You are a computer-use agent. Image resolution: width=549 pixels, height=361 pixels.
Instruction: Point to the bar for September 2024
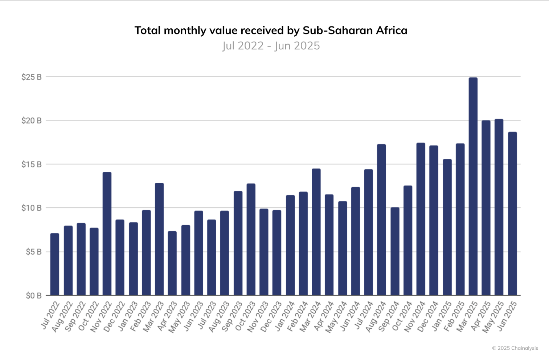(x=395, y=251)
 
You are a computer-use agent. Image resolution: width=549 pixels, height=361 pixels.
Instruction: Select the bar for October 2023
(x=251, y=239)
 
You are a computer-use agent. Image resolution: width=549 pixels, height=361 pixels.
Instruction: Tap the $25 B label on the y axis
(x=32, y=77)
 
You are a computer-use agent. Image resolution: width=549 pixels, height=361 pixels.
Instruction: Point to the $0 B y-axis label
(x=33, y=296)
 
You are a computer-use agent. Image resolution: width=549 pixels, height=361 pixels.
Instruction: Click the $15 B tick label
(x=32, y=165)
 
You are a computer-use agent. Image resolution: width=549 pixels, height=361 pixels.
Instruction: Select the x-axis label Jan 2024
(x=285, y=316)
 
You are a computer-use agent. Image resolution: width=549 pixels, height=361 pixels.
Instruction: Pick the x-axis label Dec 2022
(x=115, y=316)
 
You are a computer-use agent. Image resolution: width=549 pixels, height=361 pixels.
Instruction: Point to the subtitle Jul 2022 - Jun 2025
(x=271, y=46)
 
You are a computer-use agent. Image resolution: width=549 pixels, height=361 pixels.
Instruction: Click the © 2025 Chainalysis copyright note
(x=515, y=348)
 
